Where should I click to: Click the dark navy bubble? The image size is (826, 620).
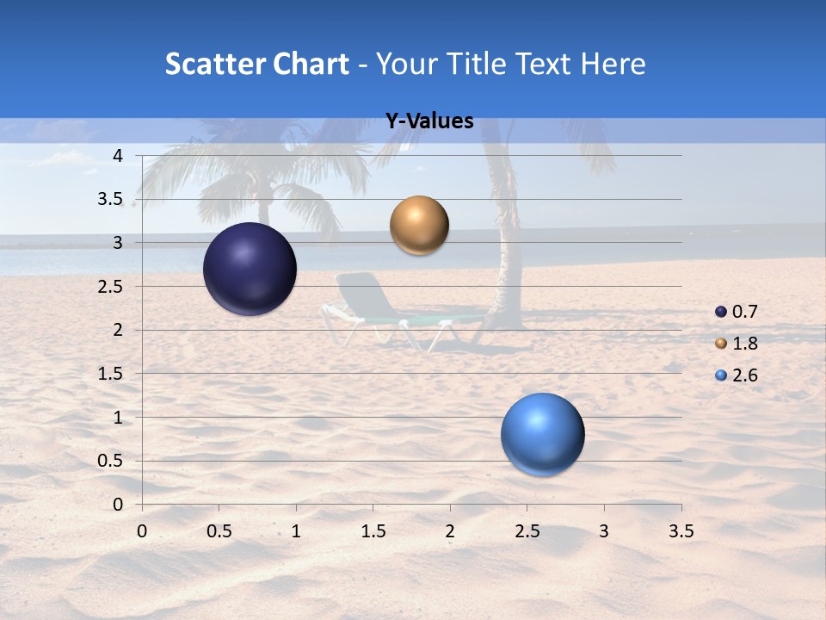250,269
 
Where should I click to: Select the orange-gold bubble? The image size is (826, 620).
419,226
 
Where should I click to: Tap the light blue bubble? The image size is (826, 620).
542,434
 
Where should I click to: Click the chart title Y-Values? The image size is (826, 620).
429,121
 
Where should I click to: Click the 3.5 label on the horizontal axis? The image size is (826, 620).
681,532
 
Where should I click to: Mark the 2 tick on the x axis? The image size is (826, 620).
450,532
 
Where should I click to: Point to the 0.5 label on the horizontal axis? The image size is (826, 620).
219,532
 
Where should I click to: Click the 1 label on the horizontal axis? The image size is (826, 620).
296,532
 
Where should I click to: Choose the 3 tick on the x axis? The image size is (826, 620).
604,532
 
